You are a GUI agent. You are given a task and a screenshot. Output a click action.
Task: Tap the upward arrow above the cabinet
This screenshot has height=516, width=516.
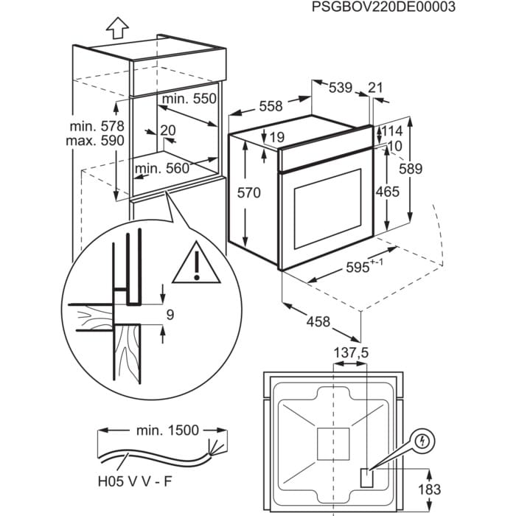(116, 27)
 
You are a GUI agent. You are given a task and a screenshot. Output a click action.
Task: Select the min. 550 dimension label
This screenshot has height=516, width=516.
(190, 98)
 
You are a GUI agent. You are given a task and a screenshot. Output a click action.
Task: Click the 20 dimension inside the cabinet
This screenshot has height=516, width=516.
(168, 130)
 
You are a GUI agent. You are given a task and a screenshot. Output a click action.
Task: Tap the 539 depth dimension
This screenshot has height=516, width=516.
(340, 88)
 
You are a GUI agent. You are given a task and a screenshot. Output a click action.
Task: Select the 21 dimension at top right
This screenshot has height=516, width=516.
(375, 88)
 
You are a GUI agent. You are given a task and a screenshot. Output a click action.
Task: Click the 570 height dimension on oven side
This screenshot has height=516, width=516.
(250, 193)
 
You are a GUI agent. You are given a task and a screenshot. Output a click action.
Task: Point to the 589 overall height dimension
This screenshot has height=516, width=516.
(410, 169)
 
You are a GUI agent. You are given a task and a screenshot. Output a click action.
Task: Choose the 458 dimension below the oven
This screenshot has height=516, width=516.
(318, 322)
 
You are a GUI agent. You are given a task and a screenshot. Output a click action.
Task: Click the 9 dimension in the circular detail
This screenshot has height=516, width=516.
(170, 315)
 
